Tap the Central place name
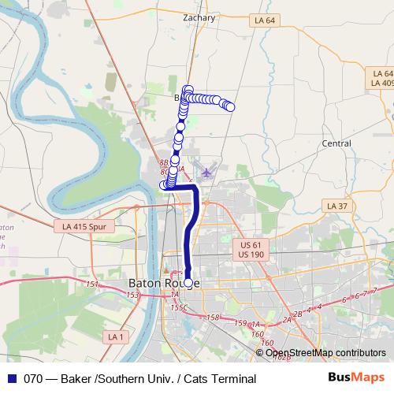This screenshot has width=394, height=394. [x=336, y=143]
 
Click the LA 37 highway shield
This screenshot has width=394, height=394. [x=336, y=206]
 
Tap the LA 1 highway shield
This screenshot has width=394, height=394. [x=117, y=336]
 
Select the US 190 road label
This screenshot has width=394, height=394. [x=251, y=255]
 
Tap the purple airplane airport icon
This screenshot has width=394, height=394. [x=206, y=171]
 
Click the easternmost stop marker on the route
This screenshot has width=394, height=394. [x=230, y=107]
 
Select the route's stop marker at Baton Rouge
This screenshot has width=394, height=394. [x=188, y=282]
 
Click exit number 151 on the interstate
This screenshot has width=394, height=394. [x=92, y=284]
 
